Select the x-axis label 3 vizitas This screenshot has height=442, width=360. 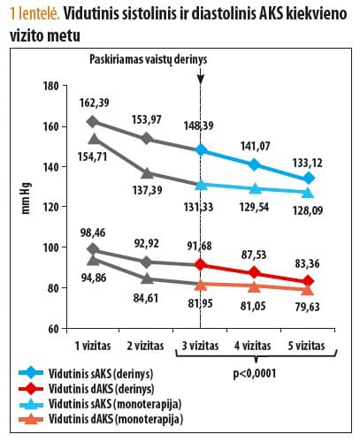pos(201,342)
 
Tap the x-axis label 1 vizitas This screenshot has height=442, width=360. pos(94,342)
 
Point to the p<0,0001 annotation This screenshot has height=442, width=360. pos(256,372)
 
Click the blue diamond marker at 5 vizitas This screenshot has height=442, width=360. pos(308,179)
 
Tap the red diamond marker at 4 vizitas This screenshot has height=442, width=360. pos(255,272)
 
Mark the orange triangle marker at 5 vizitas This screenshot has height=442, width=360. pos(308,289)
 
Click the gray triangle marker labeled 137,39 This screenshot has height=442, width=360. pos(147,173)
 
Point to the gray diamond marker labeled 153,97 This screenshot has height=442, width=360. pos(147,139)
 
